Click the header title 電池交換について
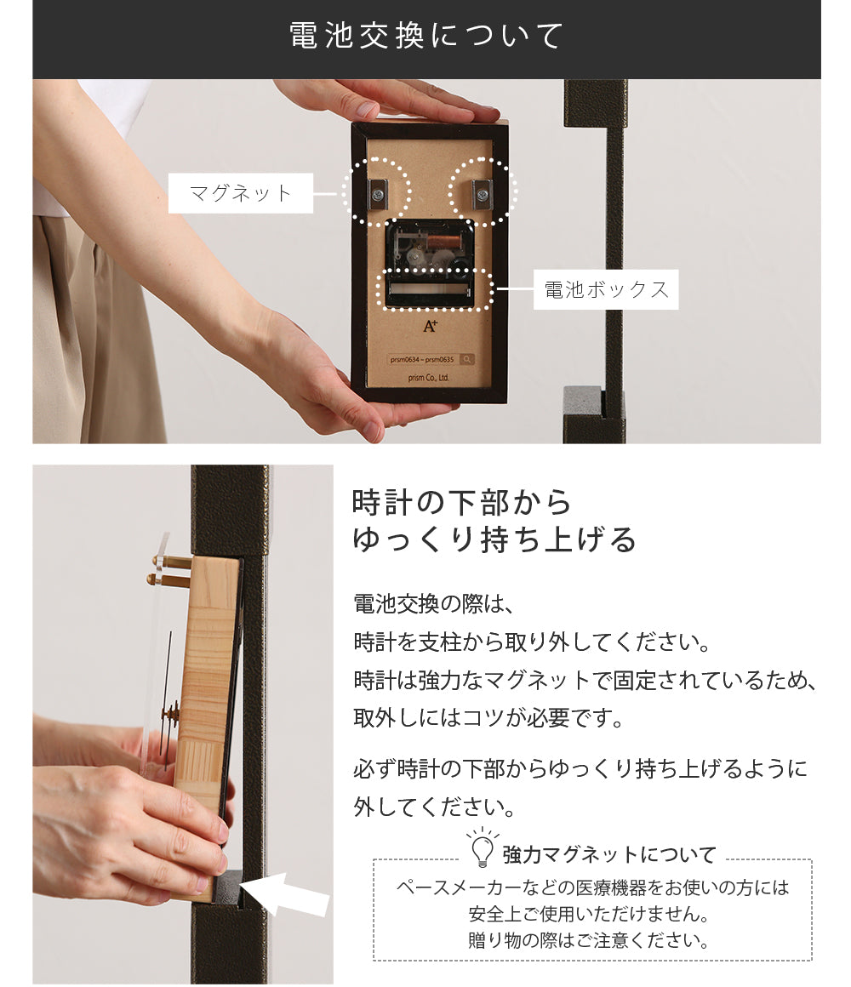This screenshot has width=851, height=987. (x=426, y=35)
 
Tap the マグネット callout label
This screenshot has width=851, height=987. (x=241, y=192)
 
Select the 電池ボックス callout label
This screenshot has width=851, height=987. (x=606, y=289)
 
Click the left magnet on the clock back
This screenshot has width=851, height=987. (x=379, y=191)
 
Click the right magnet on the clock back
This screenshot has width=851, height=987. (x=482, y=191)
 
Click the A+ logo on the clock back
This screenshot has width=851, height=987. (x=430, y=326)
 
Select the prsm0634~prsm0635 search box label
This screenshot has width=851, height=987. (x=422, y=359)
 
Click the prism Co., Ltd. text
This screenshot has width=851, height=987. (x=428, y=378)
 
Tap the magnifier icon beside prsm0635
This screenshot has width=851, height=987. (x=467, y=359)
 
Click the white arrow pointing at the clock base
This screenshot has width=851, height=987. (x=287, y=893)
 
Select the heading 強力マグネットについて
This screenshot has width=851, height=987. (x=609, y=855)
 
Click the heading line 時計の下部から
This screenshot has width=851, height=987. (x=461, y=502)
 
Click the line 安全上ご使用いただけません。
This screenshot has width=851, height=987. (x=589, y=914)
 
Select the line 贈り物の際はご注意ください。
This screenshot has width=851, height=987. (x=589, y=940)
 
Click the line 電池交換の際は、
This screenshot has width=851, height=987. (x=434, y=604)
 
